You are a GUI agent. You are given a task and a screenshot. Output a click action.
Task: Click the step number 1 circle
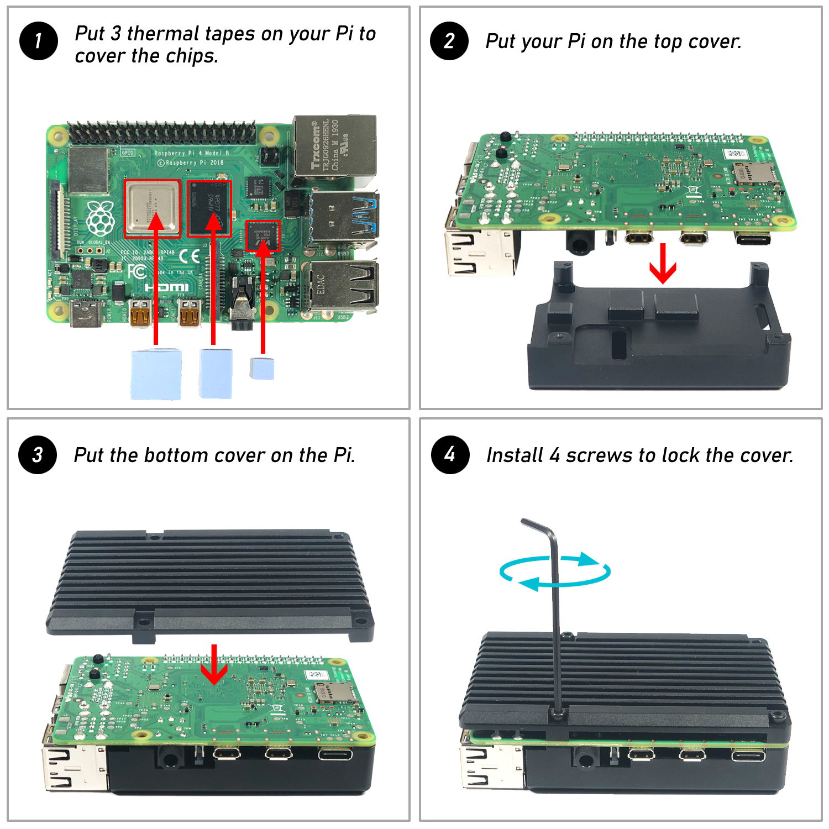[38, 41]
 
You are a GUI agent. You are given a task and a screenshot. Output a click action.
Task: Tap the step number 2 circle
[449, 41]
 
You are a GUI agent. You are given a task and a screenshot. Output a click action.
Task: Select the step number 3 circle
[38, 455]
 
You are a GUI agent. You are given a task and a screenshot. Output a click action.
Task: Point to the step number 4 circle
[450, 455]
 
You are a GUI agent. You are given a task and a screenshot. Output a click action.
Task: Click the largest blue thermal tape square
[156, 374]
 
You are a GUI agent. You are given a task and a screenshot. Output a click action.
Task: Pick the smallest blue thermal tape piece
[262, 368]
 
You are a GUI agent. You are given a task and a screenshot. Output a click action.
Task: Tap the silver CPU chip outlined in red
[152, 208]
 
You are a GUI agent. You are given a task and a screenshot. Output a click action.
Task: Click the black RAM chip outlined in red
[209, 208]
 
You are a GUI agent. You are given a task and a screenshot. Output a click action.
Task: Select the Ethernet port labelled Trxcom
[334, 147]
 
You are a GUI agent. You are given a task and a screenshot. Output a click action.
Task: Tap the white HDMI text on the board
[166, 287]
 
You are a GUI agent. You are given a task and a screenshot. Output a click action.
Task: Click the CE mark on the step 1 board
[190, 256]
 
